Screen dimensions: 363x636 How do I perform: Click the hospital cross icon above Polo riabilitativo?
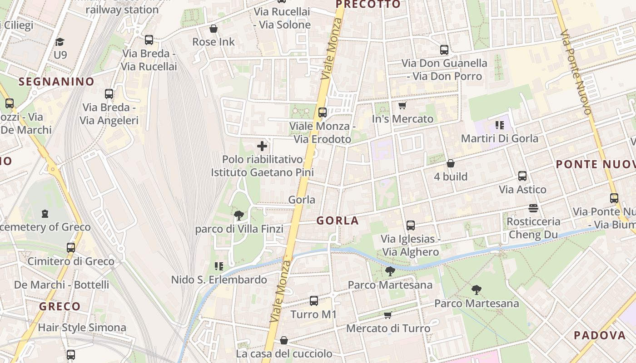point(262,146)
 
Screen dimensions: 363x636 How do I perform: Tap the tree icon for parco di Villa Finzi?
point(239,216)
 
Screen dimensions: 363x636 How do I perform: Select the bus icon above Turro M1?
point(313,301)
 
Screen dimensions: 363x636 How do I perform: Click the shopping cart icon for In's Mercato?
point(402,106)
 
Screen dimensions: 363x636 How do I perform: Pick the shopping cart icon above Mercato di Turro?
point(388,315)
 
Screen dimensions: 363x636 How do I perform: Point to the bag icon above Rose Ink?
point(214,29)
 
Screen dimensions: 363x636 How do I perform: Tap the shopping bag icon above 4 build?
point(451,163)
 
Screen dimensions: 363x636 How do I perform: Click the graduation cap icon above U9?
point(60,42)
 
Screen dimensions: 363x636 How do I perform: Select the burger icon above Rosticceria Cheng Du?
point(533,208)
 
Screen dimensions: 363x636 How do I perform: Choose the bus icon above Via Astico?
point(522,176)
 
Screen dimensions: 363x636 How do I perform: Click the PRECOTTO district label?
point(368,5)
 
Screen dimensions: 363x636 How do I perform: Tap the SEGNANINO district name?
point(57,82)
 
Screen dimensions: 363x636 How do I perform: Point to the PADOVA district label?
point(600,335)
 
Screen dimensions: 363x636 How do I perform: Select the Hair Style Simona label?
point(82,327)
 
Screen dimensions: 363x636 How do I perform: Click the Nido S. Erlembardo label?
point(219,280)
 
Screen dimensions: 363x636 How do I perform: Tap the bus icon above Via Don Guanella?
point(444,50)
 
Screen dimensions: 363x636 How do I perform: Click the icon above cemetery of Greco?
point(45,213)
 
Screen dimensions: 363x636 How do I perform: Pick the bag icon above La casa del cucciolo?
point(284,340)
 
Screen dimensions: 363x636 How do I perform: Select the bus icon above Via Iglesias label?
point(411,225)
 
